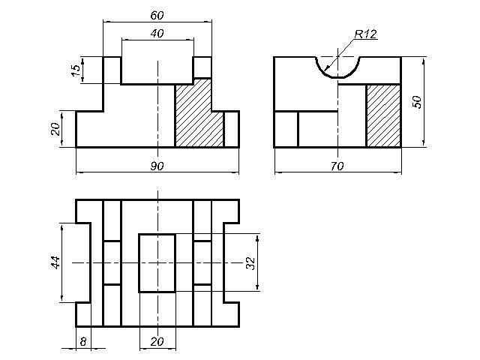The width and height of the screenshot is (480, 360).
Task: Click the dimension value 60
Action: coord(157,15)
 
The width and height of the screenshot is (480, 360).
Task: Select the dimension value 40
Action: coord(157,33)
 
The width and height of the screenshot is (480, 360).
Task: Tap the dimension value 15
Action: coord(75,70)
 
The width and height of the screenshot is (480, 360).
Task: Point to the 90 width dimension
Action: coord(157,166)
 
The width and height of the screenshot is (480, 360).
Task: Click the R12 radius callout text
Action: coord(365,34)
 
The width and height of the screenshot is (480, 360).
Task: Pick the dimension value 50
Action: coord(417,101)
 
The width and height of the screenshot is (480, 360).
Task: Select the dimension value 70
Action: coord(337,166)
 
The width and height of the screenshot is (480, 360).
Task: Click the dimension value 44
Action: coord(55,262)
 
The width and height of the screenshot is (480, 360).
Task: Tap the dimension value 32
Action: coord(250,262)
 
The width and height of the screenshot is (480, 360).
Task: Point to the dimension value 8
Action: coord(82,340)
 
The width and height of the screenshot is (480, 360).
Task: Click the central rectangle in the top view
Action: coord(157,262)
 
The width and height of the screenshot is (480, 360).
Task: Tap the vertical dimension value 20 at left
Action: coord(55,129)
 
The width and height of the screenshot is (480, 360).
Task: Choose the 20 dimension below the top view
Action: coord(157,341)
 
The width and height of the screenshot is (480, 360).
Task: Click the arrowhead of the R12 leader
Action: coord(327,70)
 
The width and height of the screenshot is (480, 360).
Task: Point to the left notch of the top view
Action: coord(82,262)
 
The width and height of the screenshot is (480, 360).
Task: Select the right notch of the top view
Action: coord(232,262)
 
